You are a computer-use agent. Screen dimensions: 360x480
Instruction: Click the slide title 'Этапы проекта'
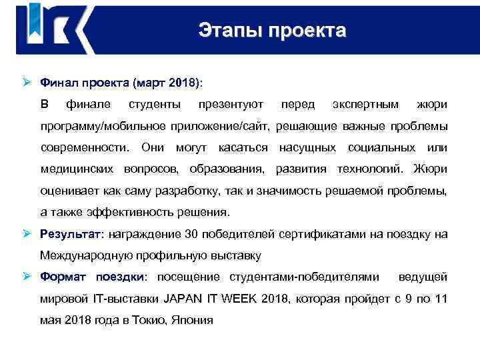click(x=273, y=31)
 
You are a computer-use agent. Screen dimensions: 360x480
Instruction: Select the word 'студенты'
click(x=154, y=105)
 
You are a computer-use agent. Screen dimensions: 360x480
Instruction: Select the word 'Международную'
click(x=86, y=255)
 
